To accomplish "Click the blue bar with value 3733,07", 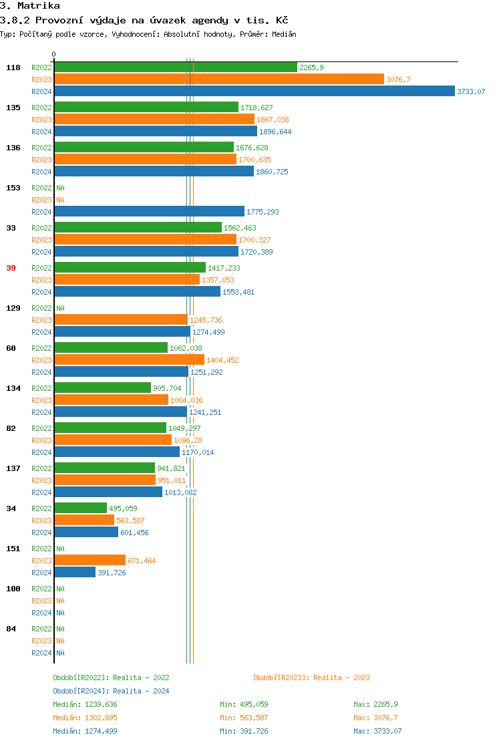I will point(254,92).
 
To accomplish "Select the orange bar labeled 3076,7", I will point(219,80).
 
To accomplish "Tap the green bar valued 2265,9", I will point(176,67).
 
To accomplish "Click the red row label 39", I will point(11,268).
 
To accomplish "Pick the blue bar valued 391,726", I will point(75,573).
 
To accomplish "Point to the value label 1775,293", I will point(263,212).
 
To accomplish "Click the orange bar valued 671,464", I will point(90,561).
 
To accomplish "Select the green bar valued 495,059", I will point(80,508).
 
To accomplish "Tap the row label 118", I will point(13,67).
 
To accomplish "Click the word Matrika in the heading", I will point(39,6).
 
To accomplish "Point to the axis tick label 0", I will point(54,54).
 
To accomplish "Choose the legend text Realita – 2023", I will point(341,678).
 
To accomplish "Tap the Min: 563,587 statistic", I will point(244,718).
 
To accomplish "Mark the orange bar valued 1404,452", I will point(129,360).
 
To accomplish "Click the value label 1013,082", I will point(180,492).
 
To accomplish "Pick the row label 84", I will point(11,629).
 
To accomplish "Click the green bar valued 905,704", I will point(102,388).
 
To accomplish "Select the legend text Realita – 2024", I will point(141,691).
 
